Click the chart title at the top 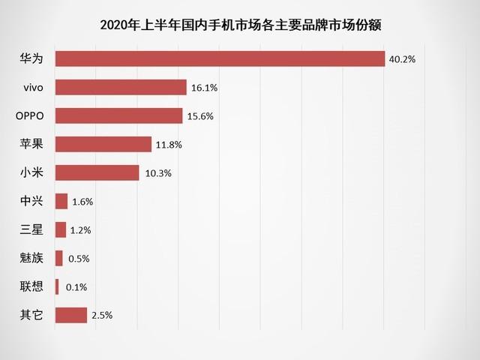pyautogui.click(x=240, y=25)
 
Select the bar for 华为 pyautogui.click(x=220, y=59)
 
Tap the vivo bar pyautogui.click(x=121, y=88)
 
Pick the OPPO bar pyautogui.click(x=118, y=116)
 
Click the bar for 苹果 pyautogui.click(x=103, y=145)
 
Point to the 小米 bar pyautogui.click(x=97, y=173)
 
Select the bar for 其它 pyautogui.click(x=71, y=316)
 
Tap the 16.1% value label pyautogui.click(x=204, y=88)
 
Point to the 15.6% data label pyautogui.click(x=200, y=116)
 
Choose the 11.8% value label pyautogui.click(x=169, y=145)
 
